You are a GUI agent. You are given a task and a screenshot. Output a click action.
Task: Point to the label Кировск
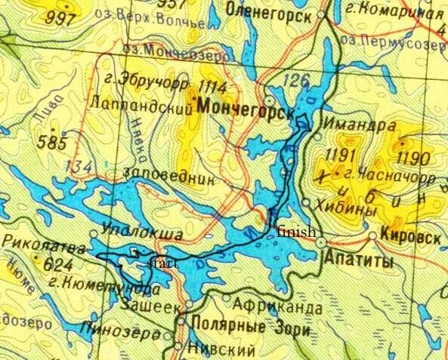pyautogui.click(x=412, y=237)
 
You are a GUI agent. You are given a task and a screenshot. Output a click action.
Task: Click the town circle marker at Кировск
pyautogui.click(x=372, y=236)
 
